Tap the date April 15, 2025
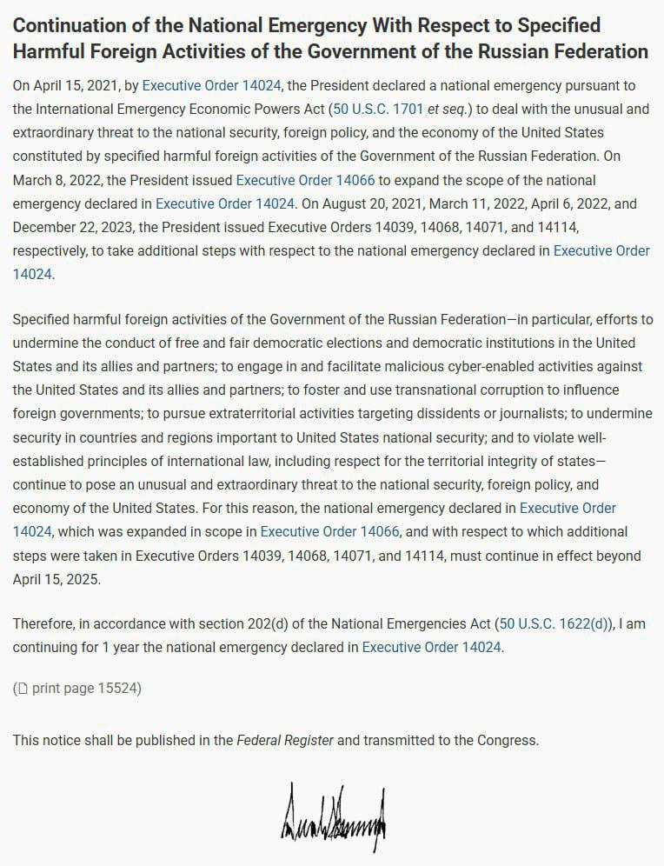click(x=56, y=579)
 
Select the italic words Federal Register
click(x=285, y=741)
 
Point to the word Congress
click(x=507, y=741)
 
